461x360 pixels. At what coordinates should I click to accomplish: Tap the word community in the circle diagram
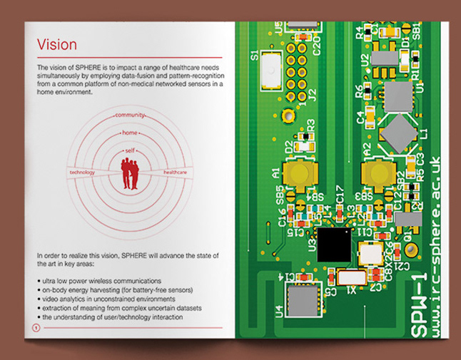(131, 115)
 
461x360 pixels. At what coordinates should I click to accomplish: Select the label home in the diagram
(130, 133)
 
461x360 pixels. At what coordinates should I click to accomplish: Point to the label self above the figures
(130, 151)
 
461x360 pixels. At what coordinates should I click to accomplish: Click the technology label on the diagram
(82, 173)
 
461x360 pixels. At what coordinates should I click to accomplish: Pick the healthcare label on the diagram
(176, 173)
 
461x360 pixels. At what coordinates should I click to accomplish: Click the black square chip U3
(335, 245)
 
